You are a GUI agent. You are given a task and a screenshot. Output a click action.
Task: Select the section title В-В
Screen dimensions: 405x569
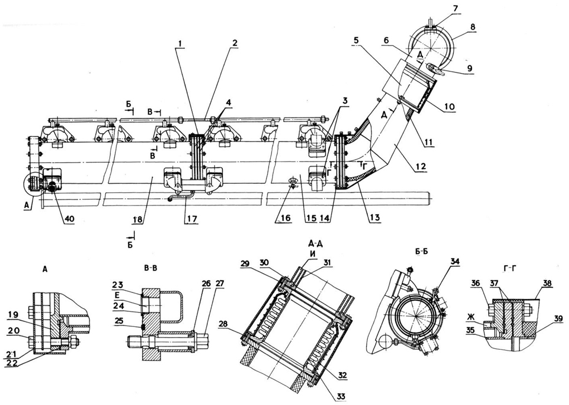[149, 267]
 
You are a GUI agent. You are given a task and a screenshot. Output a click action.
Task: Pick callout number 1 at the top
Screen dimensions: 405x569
[178, 43]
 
